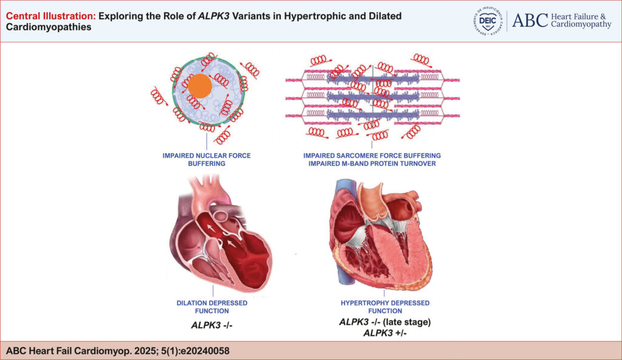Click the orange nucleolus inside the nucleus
(x=200, y=86)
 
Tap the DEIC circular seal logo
(x=488, y=21)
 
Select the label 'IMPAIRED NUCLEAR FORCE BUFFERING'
(x=207, y=160)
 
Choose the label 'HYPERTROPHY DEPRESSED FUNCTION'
(x=384, y=307)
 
